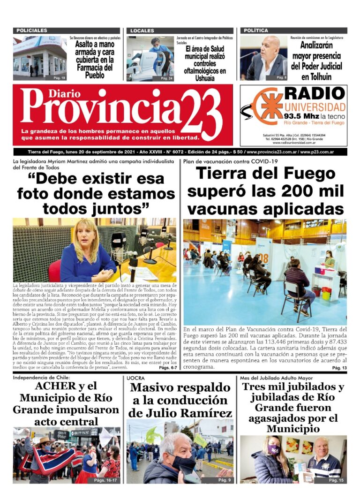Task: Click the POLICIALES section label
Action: pos(32,30)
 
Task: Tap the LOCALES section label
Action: pos(142,30)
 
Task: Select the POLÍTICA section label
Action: pos(256,30)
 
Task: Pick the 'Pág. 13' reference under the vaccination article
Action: pos(339,368)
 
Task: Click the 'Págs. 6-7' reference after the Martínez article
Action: pos(167,368)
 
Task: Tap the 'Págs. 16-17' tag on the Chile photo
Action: pos(106,480)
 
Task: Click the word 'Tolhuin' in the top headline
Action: pos(316,76)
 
